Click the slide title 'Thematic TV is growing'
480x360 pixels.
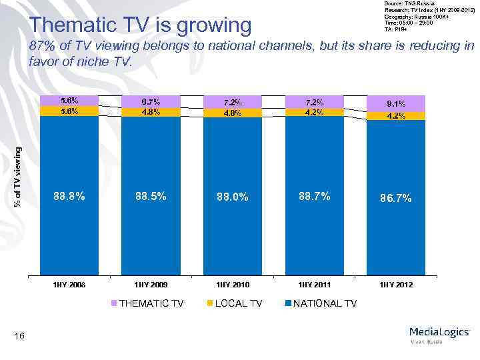[141, 25]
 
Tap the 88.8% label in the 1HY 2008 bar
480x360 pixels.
[69, 196]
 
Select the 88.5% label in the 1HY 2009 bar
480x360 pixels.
[151, 196]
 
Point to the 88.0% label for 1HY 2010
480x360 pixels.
[233, 197]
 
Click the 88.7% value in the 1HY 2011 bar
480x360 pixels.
[315, 196]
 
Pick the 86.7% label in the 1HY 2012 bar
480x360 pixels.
[396, 198]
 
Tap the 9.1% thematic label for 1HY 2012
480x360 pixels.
[396, 103]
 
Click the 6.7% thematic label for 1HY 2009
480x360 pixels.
[151, 102]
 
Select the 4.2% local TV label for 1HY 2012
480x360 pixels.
[396, 115]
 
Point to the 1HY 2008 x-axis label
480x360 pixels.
[69, 285]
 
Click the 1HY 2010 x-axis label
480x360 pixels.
[233, 285]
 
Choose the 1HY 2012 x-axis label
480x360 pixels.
[396, 285]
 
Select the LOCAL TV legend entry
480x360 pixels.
[238, 303]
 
